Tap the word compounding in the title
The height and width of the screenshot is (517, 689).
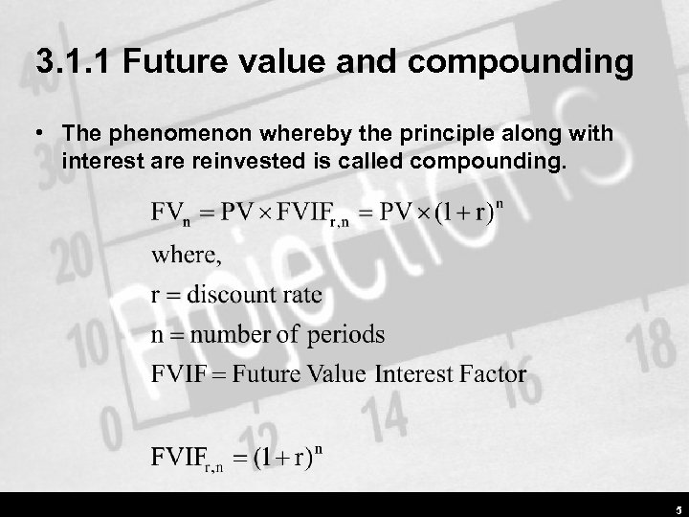pos(524,64)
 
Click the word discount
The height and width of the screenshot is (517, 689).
pos(233,295)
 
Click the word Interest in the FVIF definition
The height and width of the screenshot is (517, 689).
pos(411,373)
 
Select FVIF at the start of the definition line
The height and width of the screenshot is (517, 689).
pos(178,373)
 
